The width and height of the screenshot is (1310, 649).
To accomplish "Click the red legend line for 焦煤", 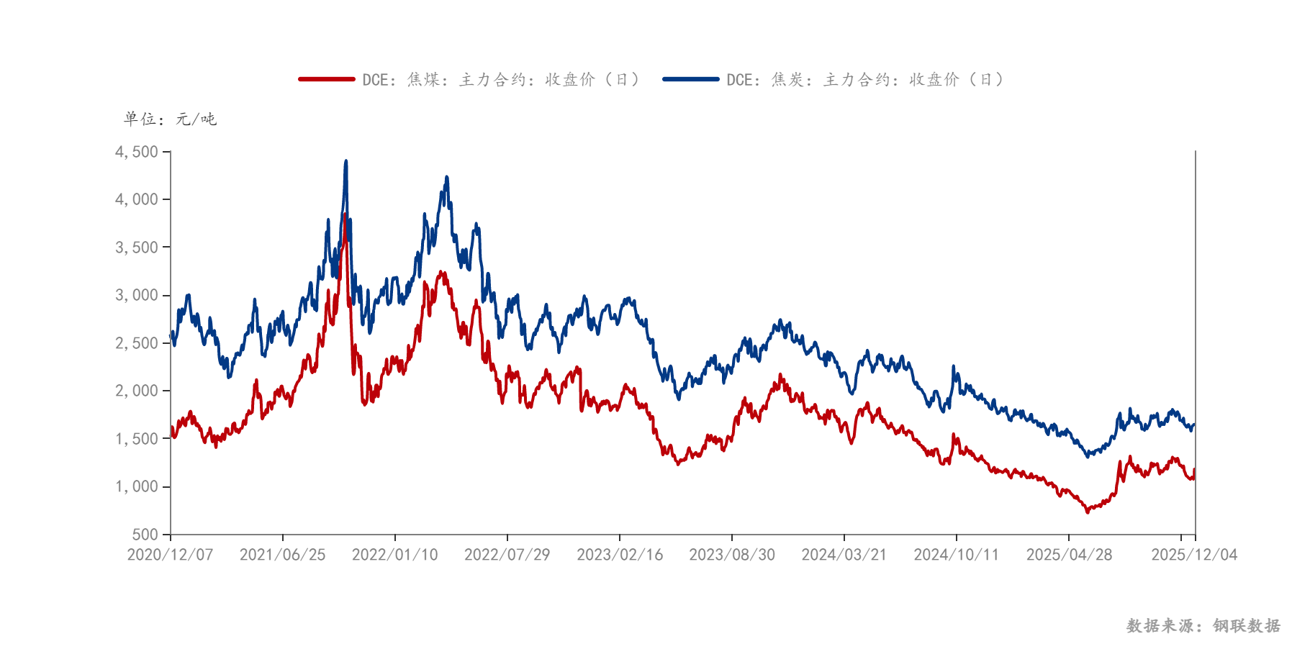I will coord(327,79).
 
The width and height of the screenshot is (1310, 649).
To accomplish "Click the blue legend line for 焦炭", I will coord(691,79).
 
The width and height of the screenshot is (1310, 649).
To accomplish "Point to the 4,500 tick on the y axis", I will coord(137,152).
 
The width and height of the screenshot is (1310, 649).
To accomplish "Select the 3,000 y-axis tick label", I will coord(137,295).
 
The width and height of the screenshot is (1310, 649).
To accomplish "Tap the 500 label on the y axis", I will coord(145,535).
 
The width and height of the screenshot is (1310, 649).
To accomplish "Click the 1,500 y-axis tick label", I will coord(137,439).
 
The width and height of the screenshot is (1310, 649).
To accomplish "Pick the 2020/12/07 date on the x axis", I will coord(170,555).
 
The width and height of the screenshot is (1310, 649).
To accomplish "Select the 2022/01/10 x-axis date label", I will coord(394,555).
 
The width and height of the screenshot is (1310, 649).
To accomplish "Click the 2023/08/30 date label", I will coord(732,555).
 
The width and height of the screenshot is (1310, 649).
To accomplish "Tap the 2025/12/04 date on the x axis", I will coord(1194,555).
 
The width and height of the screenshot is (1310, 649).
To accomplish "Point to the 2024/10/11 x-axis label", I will coord(957,555).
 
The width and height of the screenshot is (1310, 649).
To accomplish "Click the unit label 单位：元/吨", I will coord(170,119).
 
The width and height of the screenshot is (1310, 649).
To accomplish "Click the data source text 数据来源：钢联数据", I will coord(1203,626).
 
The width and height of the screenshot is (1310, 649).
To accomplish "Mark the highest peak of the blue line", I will coord(346,161).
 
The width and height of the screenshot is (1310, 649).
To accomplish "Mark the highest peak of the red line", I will coord(345,214).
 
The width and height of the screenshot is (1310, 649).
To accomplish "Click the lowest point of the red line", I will coord(1088,512).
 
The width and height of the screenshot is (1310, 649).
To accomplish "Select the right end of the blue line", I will coord(1194,425).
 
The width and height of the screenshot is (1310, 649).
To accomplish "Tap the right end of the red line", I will coord(1194,471).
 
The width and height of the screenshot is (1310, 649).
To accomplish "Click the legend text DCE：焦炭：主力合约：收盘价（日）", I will coord(864,79).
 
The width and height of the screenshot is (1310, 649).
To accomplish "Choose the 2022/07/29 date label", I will coord(507,555).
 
